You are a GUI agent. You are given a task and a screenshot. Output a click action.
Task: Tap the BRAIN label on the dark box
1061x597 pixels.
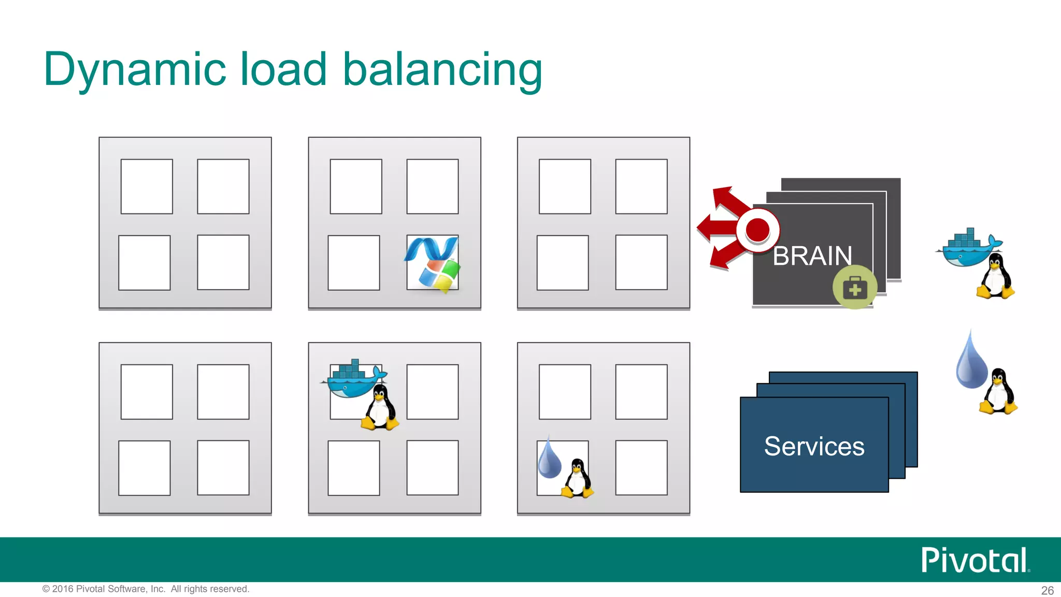click(812, 256)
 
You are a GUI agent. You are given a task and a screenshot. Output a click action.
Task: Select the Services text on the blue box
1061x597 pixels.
click(814, 446)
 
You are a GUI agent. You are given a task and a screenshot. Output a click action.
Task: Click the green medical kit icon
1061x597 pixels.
click(855, 288)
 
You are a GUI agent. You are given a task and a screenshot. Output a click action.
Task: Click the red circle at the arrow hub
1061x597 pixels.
click(757, 230)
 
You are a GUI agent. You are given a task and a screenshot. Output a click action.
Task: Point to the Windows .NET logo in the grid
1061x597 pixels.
click(433, 263)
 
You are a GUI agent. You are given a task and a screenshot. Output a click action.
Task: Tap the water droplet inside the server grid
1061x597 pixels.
click(549, 459)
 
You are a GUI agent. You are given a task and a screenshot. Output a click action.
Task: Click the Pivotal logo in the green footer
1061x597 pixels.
click(974, 560)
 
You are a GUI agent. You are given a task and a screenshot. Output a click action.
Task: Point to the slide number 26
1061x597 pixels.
click(1047, 590)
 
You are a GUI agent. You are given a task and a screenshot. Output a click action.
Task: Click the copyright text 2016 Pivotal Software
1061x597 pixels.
click(146, 589)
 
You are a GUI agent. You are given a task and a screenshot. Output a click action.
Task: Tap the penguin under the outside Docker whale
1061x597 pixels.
click(995, 277)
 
